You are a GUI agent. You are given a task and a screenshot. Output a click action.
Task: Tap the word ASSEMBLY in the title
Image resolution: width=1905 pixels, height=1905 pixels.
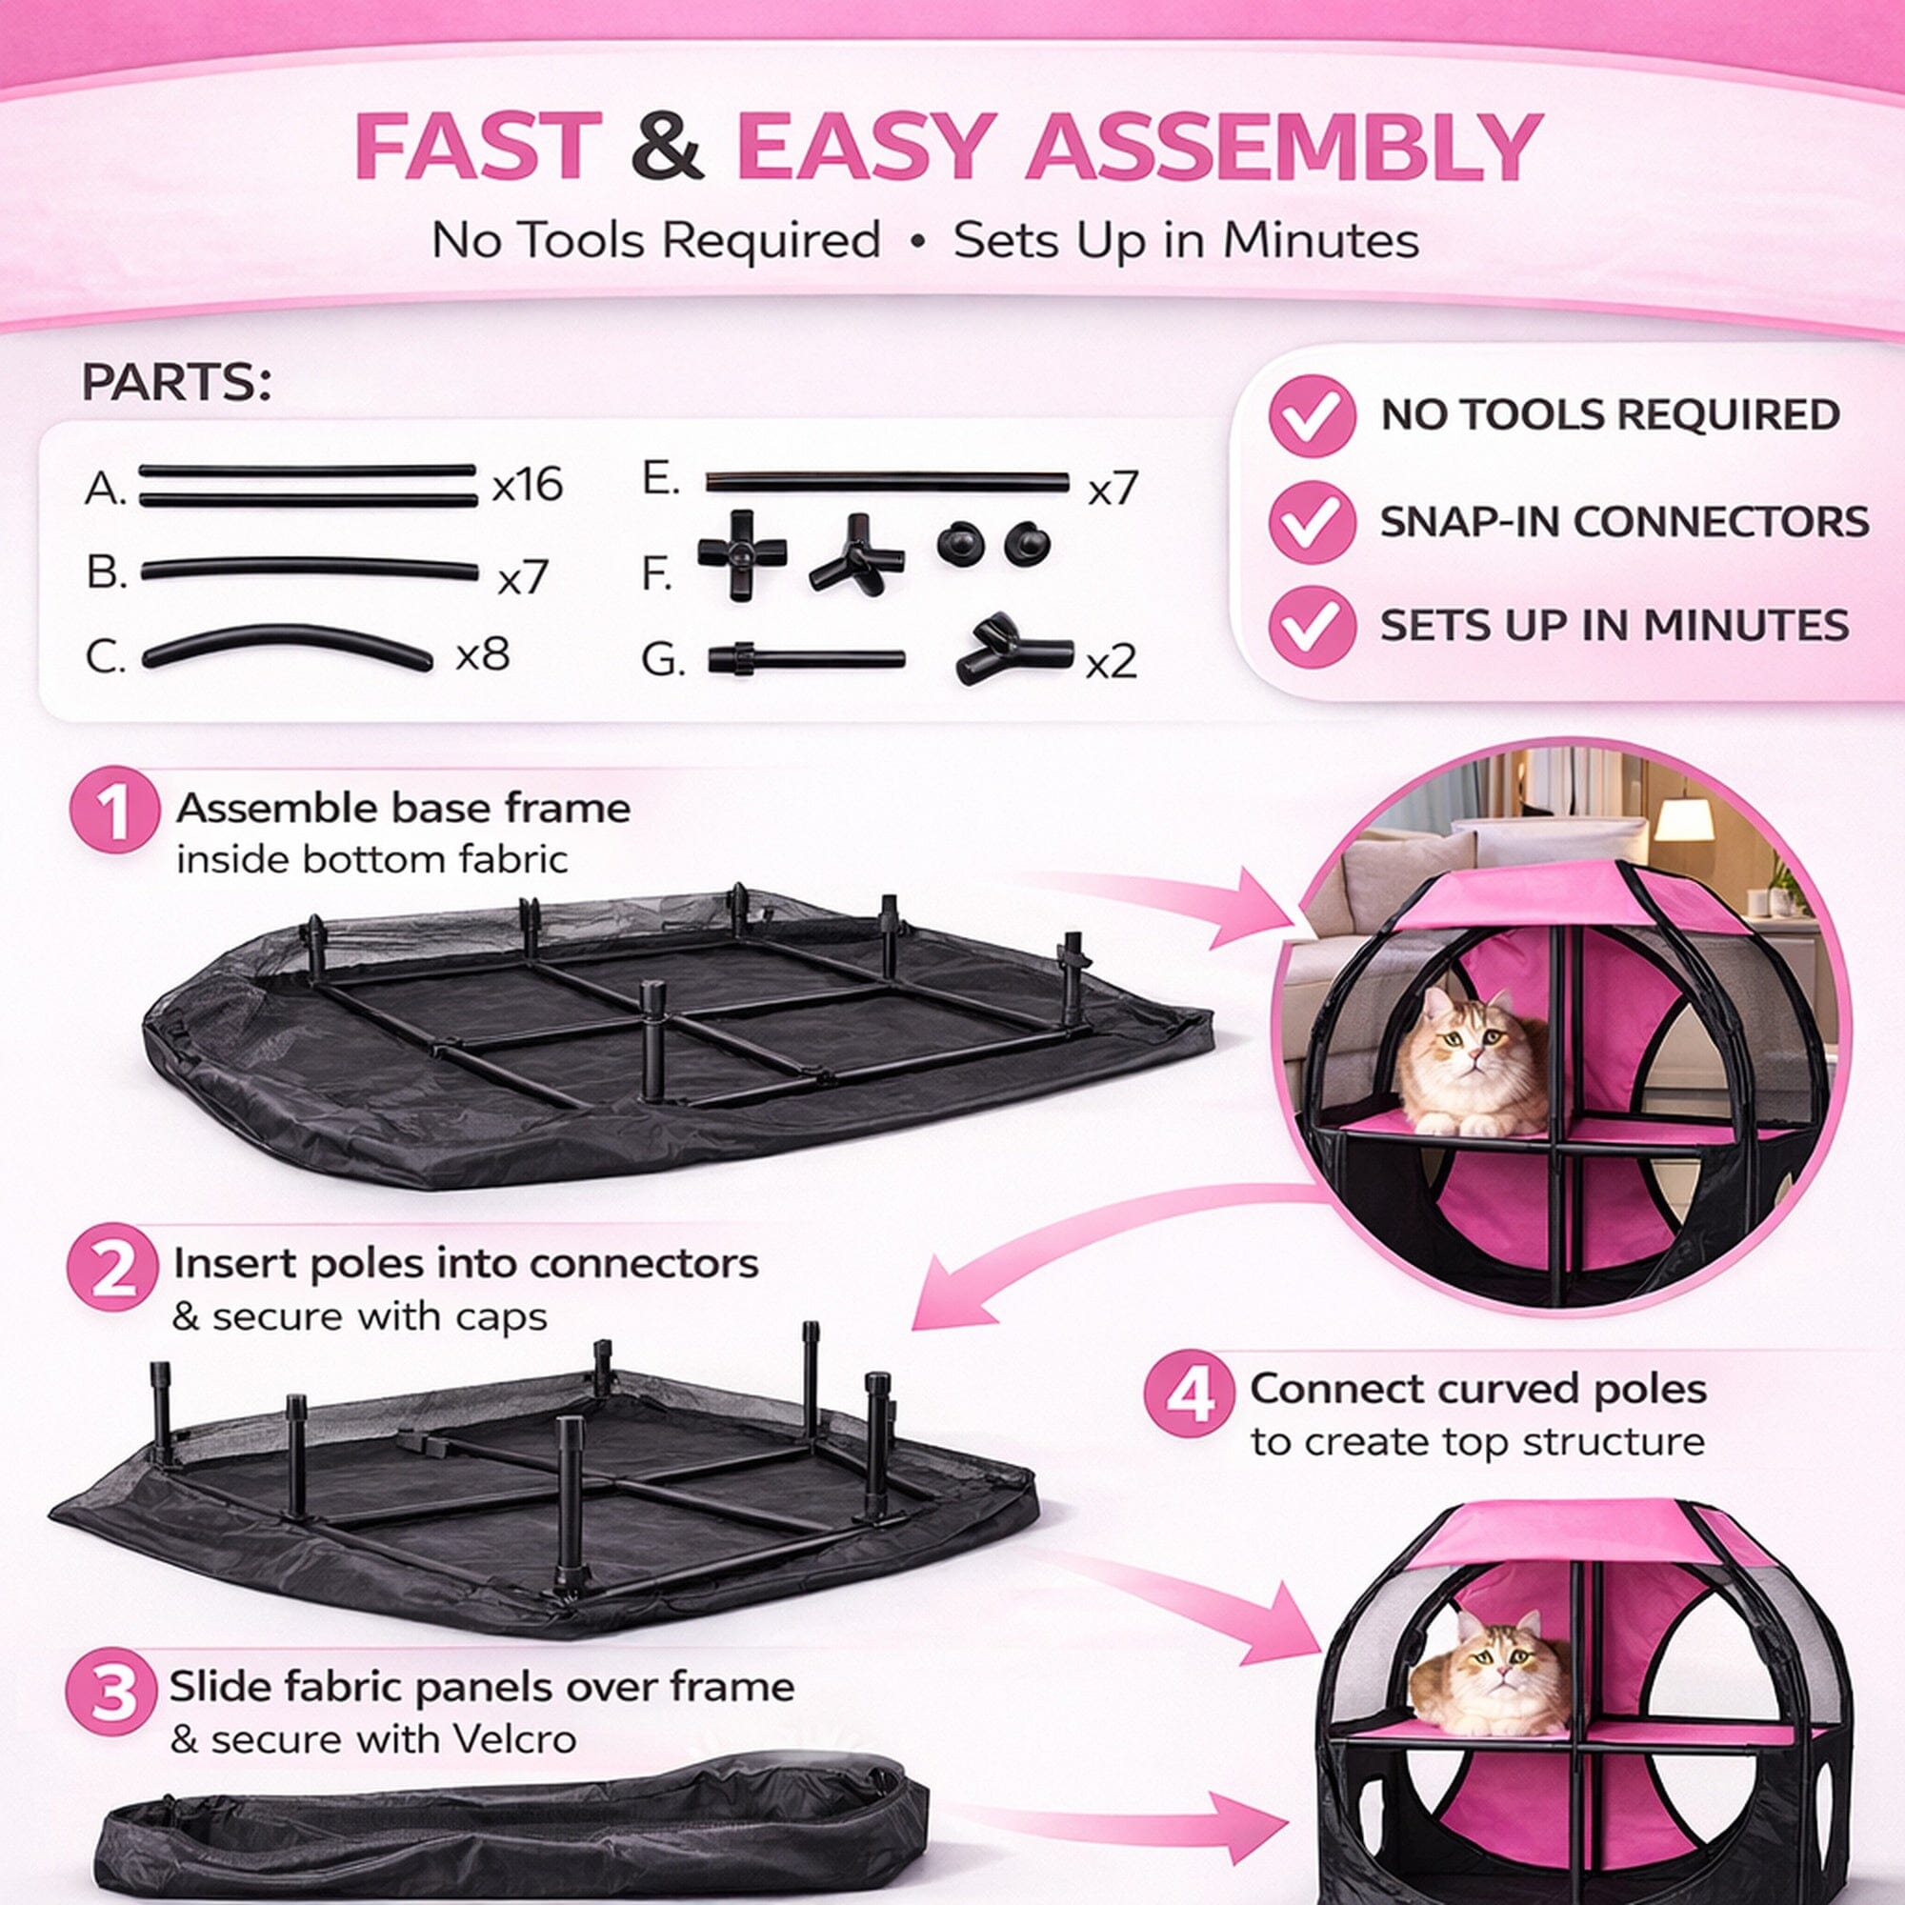pos(1285,147)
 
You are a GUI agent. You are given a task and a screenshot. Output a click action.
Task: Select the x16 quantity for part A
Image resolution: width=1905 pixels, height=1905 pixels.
pos(528,485)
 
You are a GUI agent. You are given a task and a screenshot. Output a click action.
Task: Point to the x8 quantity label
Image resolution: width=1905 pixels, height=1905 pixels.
pos(482,653)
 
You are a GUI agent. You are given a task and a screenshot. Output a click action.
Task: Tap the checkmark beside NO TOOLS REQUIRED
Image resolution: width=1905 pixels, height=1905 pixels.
pos(1312,415)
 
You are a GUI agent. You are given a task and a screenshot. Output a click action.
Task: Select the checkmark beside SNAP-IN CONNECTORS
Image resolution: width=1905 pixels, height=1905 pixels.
pos(1312,522)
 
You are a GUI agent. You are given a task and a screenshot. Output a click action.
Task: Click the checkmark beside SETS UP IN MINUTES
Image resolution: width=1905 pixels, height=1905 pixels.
pos(1312,626)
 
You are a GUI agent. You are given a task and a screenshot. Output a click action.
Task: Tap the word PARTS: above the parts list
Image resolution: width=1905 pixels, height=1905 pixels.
pos(176,383)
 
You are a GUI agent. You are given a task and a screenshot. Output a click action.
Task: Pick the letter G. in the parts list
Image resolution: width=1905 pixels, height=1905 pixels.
pos(663,660)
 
